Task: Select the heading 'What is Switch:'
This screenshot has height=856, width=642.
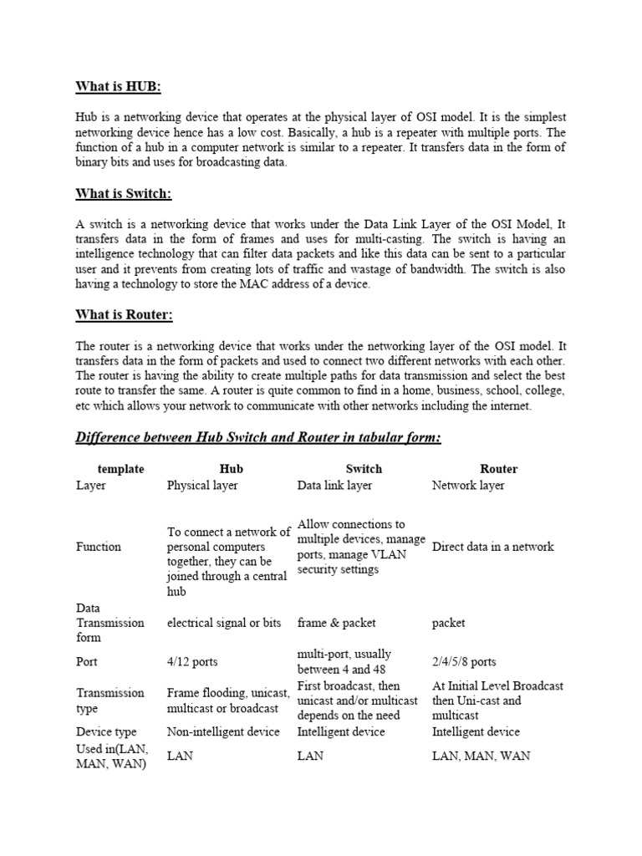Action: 124,194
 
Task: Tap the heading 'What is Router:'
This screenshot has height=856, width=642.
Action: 124,315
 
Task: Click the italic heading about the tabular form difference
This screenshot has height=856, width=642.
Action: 258,437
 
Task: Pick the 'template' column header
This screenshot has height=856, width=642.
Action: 120,469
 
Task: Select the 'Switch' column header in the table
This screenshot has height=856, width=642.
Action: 364,469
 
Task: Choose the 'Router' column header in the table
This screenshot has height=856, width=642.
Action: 499,469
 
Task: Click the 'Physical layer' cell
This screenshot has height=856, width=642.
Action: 202,485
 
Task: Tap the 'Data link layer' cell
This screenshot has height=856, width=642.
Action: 335,485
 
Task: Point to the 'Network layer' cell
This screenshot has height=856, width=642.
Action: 468,485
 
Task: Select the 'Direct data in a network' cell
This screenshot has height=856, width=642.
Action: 492,547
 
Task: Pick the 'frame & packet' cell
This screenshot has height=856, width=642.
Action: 337,623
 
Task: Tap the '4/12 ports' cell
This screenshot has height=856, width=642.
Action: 192,662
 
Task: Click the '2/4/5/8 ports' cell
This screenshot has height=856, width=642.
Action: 464,662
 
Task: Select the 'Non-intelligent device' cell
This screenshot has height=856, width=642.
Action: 223,731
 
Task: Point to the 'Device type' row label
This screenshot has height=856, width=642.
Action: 106,731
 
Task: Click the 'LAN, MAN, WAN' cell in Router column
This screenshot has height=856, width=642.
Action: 481,756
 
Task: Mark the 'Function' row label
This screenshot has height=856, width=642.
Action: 99,547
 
